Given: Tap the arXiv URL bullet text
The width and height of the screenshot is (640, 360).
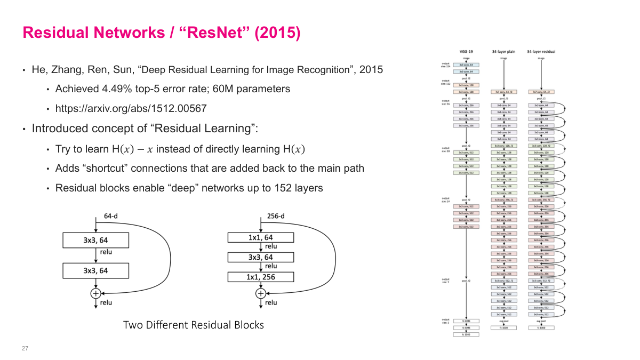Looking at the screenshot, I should tap(131, 109).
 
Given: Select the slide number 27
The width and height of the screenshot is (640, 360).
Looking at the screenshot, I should tap(25, 348).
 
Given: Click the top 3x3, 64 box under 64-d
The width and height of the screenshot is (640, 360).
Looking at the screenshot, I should tap(95, 240).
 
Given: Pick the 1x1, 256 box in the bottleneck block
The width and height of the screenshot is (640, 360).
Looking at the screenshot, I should tap(260, 277).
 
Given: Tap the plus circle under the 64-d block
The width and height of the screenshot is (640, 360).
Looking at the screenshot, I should tap(95, 293).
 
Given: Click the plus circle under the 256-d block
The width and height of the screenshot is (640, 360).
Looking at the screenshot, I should tap(260, 293).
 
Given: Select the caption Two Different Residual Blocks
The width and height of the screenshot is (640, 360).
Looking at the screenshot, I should tap(193, 325).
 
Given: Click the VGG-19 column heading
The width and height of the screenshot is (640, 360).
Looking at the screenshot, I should tap(466, 52).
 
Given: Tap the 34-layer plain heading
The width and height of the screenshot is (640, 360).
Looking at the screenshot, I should tap(503, 52).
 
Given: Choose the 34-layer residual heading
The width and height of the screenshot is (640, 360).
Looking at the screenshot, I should tap(541, 52).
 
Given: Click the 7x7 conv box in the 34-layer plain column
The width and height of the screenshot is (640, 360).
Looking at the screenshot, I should tap(503, 92).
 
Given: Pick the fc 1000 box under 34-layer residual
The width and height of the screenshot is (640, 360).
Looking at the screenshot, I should tap(541, 327).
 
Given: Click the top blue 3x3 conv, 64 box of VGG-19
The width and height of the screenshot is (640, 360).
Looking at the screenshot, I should tap(466, 65).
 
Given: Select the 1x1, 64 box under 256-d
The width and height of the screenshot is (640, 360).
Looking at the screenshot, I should tap(260, 237).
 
